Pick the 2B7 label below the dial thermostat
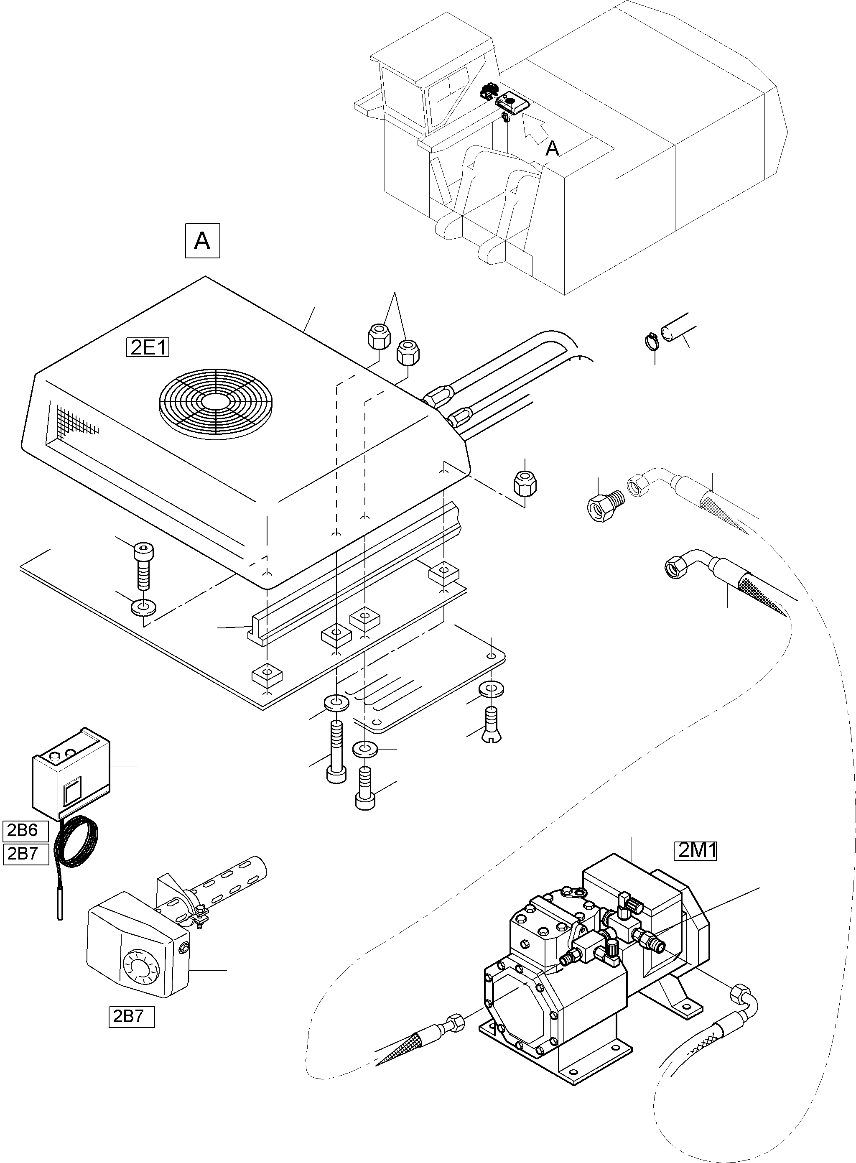click(x=132, y=1016)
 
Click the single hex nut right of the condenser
click(x=525, y=484)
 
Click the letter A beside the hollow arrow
click(x=553, y=149)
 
